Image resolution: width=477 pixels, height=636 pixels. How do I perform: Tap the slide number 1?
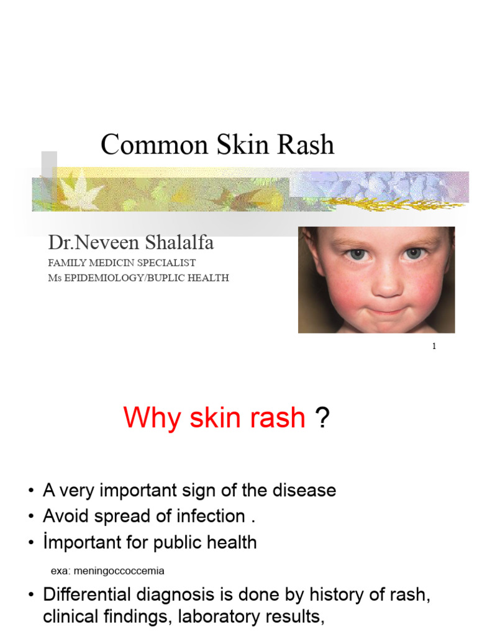[x=434, y=347]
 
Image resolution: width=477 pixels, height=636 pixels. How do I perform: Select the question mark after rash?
[x=322, y=417]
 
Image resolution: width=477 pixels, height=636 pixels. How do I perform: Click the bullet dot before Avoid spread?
[x=30, y=517]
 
